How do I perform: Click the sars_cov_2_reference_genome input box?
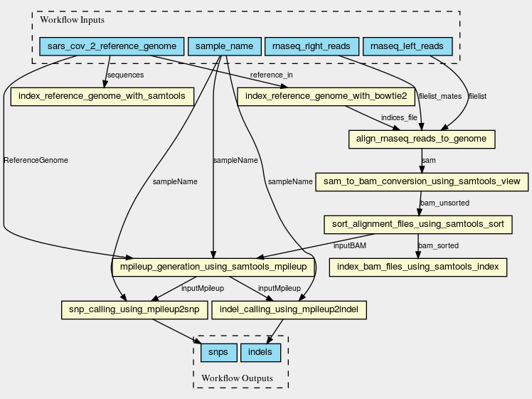(112, 46)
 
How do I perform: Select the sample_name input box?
(224, 46)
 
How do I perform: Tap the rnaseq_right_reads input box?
(312, 46)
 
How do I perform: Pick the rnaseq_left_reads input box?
(408, 46)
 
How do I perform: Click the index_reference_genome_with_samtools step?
(102, 97)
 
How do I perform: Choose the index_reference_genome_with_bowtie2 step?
(326, 97)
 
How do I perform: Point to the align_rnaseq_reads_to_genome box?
(422, 139)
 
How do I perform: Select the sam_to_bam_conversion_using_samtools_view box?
(422, 182)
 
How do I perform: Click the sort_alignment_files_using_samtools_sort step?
(418, 225)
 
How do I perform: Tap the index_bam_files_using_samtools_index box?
(418, 267)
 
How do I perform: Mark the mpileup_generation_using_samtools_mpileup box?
(213, 267)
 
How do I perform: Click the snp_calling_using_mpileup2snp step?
(134, 310)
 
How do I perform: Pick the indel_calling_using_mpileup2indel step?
(289, 310)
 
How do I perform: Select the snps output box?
(219, 353)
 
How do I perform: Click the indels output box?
(260, 353)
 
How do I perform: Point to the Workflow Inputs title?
(73, 20)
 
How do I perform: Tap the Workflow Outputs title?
(237, 378)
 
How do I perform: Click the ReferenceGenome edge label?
(36, 161)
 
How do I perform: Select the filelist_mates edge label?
(440, 96)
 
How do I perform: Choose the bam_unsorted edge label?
(445, 203)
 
